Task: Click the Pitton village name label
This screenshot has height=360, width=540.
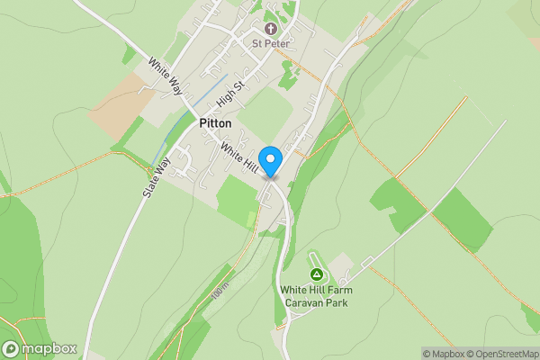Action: tap(215, 123)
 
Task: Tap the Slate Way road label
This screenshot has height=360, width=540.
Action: tap(157, 178)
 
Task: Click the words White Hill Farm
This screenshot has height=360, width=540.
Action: tap(315, 290)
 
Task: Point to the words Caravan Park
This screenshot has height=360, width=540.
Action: tap(316, 302)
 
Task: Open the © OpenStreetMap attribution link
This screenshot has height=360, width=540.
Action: tap(499, 353)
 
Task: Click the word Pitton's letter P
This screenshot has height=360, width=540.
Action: tap(202, 123)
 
